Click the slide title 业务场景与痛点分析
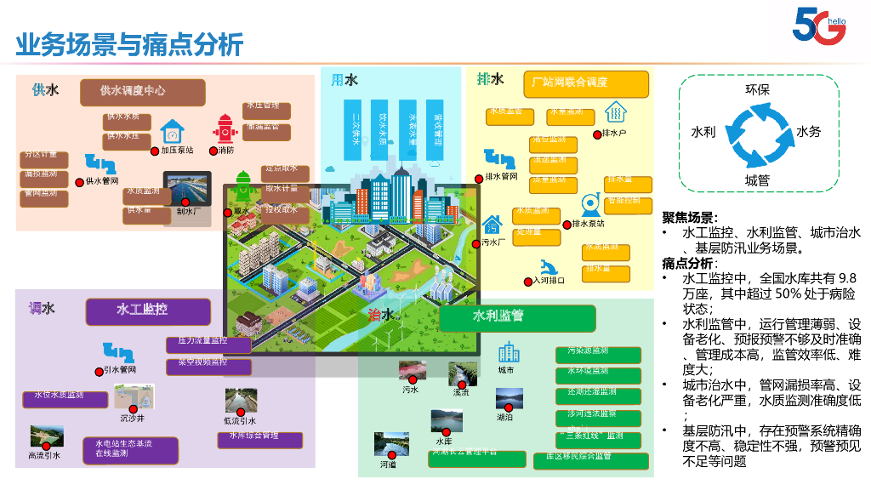(x=130, y=43)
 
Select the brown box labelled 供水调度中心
(x=143, y=91)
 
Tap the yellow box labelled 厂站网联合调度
(x=585, y=83)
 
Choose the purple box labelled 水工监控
(x=148, y=310)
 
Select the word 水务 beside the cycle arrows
(x=809, y=132)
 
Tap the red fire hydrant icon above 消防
(x=225, y=130)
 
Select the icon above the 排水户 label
(x=615, y=113)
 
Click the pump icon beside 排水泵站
(x=588, y=205)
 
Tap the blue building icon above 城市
(x=509, y=351)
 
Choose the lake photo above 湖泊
(x=509, y=398)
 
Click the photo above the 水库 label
(x=446, y=422)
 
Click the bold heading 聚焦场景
(x=690, y=218)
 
